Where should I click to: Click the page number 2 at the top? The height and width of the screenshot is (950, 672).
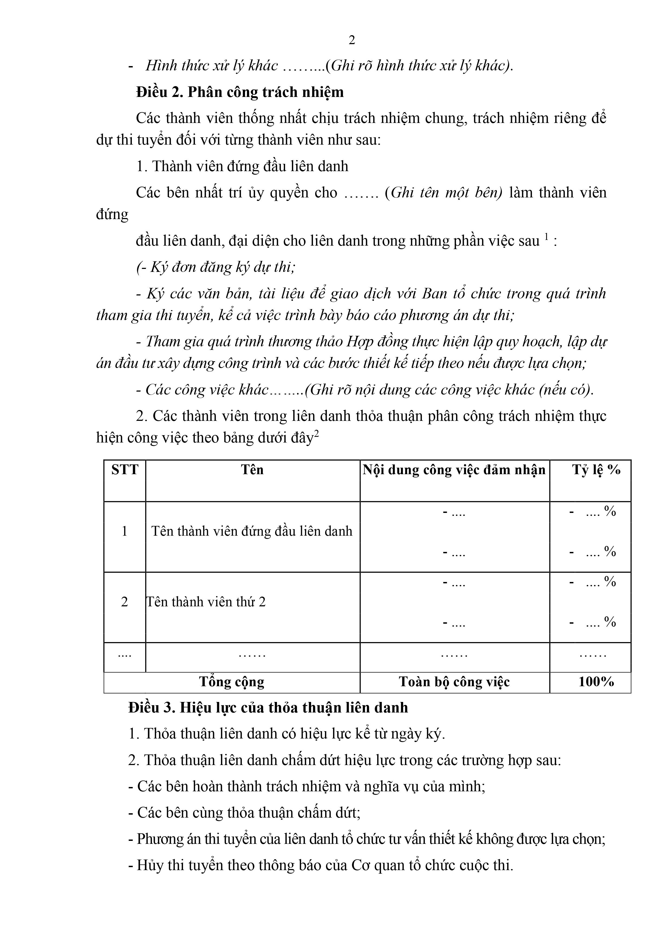352,40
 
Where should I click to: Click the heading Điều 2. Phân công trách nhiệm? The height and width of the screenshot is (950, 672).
240,92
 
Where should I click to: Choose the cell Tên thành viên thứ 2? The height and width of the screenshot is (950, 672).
206,602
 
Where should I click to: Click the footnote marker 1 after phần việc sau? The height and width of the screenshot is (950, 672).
546,237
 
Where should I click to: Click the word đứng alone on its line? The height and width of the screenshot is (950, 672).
112,214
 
